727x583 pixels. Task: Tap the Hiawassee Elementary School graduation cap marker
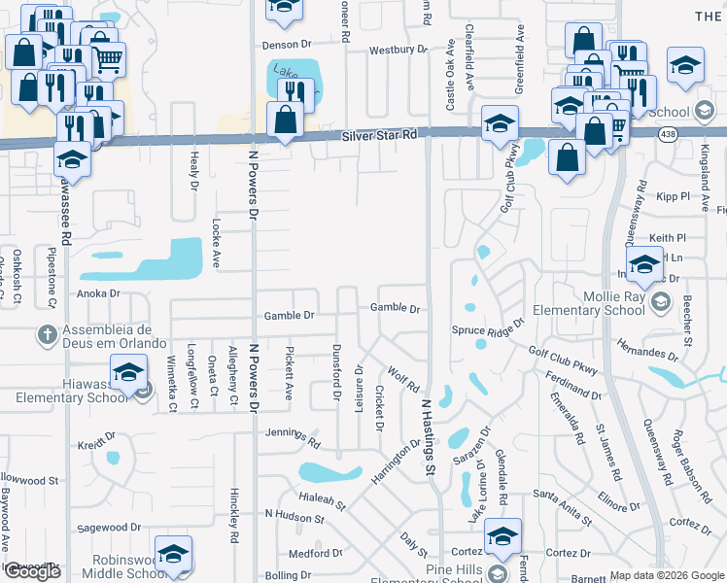click(x=128, y=374)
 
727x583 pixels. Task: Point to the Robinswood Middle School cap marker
click(x=173, y=555)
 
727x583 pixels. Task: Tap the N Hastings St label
click(x=426, y=435)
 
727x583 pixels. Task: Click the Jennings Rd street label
click(x=294, y=438)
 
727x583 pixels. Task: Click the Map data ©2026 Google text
click(x=667, y=575)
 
